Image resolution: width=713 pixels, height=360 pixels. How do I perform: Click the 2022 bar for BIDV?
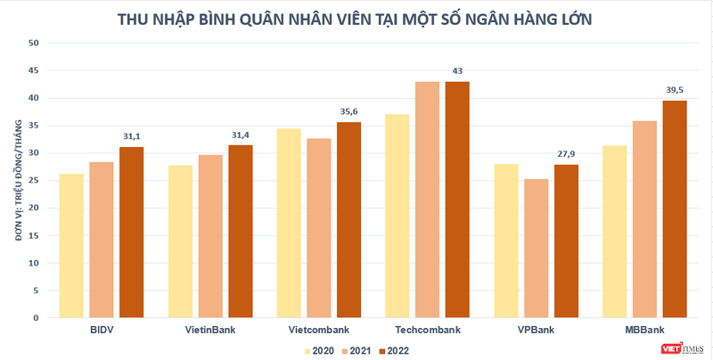[131, 233]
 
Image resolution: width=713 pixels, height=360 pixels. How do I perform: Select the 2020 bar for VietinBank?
[180, 241]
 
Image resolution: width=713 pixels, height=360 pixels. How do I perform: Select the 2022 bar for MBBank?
[675, 209]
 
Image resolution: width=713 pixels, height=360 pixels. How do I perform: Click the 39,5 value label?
[675, 90]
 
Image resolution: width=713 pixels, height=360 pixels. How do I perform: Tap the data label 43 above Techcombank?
[458, 70]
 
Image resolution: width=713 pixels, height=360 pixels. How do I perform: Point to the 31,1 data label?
[131, 136]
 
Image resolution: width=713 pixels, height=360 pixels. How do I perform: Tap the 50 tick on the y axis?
[34, 43]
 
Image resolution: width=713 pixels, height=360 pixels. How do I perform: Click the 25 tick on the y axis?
[34, 181]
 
